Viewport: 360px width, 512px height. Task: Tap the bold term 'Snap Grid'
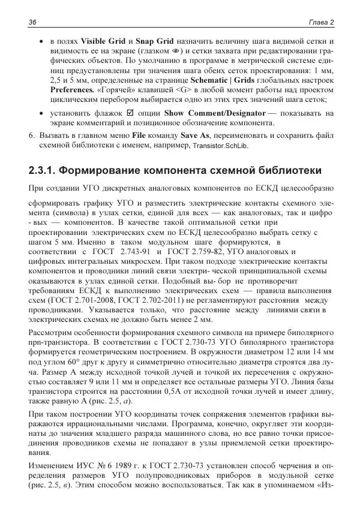155,41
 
